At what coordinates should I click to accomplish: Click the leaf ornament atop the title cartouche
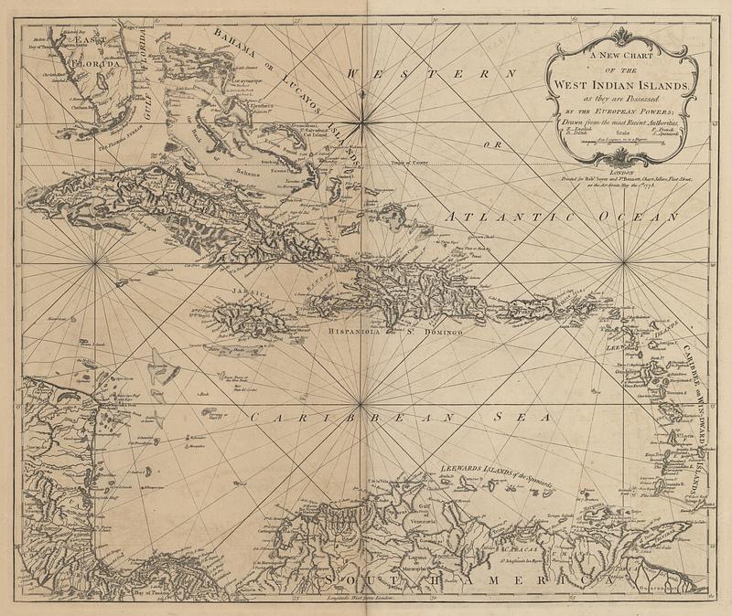tap(621, 36)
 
